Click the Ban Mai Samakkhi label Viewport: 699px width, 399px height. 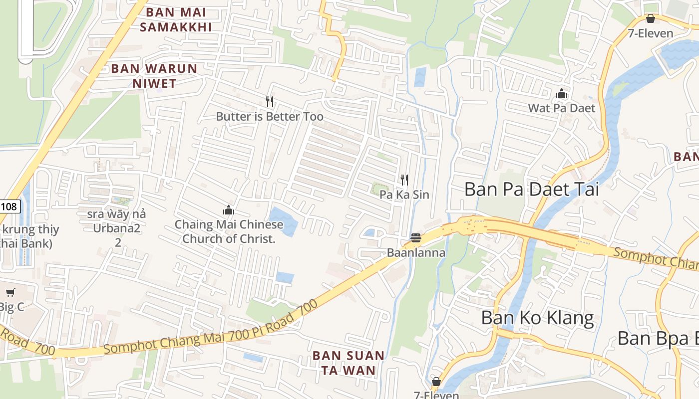coord(175,19)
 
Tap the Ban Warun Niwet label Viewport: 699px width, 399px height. coord(154,76)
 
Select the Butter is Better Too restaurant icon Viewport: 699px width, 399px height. coord(270,102)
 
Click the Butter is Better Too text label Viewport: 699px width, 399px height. coord(270,117)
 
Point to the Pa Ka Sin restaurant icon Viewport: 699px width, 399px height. coord(404,180)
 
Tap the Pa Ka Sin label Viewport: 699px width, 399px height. coord(404,195)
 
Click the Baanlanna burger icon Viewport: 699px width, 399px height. coord(416,238)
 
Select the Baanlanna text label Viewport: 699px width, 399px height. coord(416,253)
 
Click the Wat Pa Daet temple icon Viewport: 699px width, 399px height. coord(562,93)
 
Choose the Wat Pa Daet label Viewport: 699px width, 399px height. coord(562,108)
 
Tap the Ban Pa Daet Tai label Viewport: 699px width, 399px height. coord(531,190)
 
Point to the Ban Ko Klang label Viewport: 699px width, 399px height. coord(538,318)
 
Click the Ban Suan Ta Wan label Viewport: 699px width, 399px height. coord(349,363)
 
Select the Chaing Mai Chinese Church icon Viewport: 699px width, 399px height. coord(229,210)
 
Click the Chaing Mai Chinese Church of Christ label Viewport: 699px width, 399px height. coord(229,231)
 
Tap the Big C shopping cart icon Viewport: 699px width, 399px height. coord(10,292)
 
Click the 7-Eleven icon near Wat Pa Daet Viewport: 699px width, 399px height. coord(650,19)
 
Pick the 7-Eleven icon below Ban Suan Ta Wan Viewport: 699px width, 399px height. coord(436,382)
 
